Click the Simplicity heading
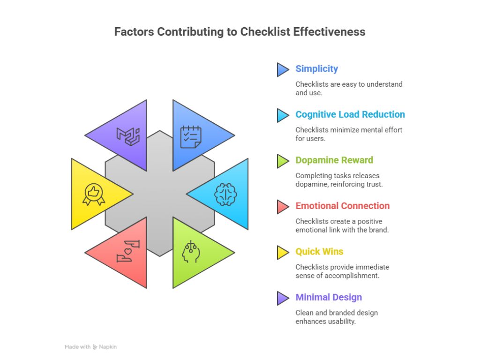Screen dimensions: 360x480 tap(316, 69)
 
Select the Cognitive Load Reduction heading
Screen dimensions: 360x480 tap(350, 114)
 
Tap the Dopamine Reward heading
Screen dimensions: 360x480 tap(334, 160)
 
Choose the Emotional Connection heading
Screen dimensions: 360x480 tap(342, 206)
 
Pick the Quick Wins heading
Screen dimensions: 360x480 tap(319, 252)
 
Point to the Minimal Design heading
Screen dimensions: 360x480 tap(329, 297)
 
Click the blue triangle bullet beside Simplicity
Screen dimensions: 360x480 tap(283, 69)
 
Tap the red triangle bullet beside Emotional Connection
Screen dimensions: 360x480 tap(283, 206)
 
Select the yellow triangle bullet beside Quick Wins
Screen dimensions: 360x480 tap(283, 252)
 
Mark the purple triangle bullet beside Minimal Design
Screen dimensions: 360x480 tap(283, 298)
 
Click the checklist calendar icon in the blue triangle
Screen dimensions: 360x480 tap(191, 136)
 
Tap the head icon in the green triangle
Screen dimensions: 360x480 tap(191, 252)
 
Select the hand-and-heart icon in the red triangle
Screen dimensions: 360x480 tap(128, 251)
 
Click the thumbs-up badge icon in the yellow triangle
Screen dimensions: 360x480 tap(93, 194)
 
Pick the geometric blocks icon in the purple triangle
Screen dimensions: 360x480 tap(128, 136)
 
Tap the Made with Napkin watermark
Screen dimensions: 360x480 tap(90, 347)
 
